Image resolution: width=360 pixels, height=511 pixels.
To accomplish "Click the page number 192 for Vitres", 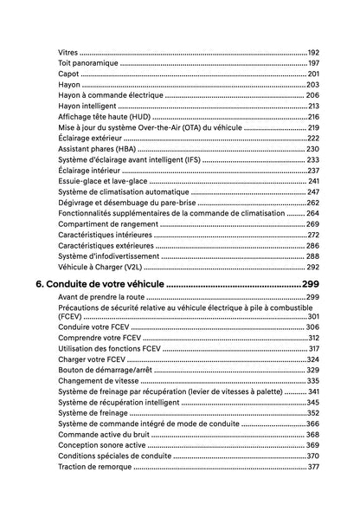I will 313,54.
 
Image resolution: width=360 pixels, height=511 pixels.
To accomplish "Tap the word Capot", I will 68,74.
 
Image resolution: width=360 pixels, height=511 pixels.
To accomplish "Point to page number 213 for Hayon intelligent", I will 313,106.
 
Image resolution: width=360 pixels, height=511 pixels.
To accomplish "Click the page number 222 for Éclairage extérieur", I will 313,138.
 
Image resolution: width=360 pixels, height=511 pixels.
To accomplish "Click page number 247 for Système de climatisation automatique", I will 313,191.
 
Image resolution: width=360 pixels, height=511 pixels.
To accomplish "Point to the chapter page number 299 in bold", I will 311,284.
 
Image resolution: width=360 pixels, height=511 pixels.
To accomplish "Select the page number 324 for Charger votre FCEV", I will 313,359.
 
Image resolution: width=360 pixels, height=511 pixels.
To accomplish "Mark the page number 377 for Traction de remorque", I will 313,466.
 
